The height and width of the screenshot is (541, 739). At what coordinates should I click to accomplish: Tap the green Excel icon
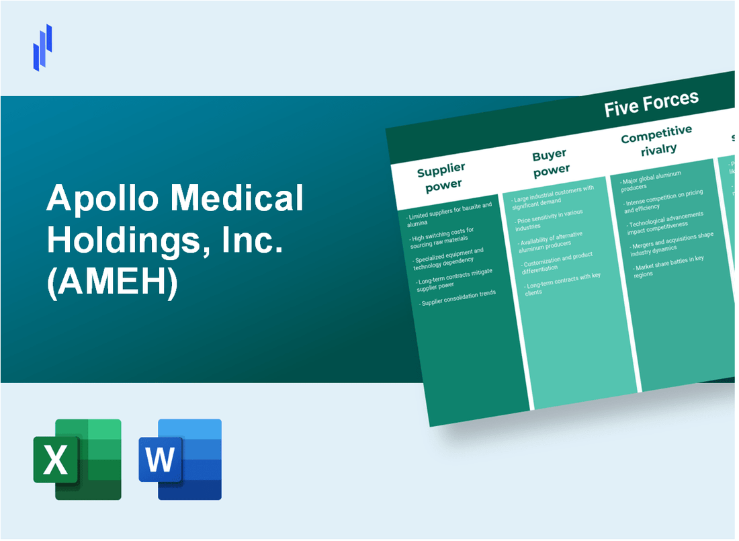[77, 459]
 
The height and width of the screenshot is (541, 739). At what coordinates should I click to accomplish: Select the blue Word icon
[180, 459]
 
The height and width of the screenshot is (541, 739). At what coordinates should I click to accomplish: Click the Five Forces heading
[651, 103]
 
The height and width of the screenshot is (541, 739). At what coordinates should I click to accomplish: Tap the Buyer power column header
[551, 162]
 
